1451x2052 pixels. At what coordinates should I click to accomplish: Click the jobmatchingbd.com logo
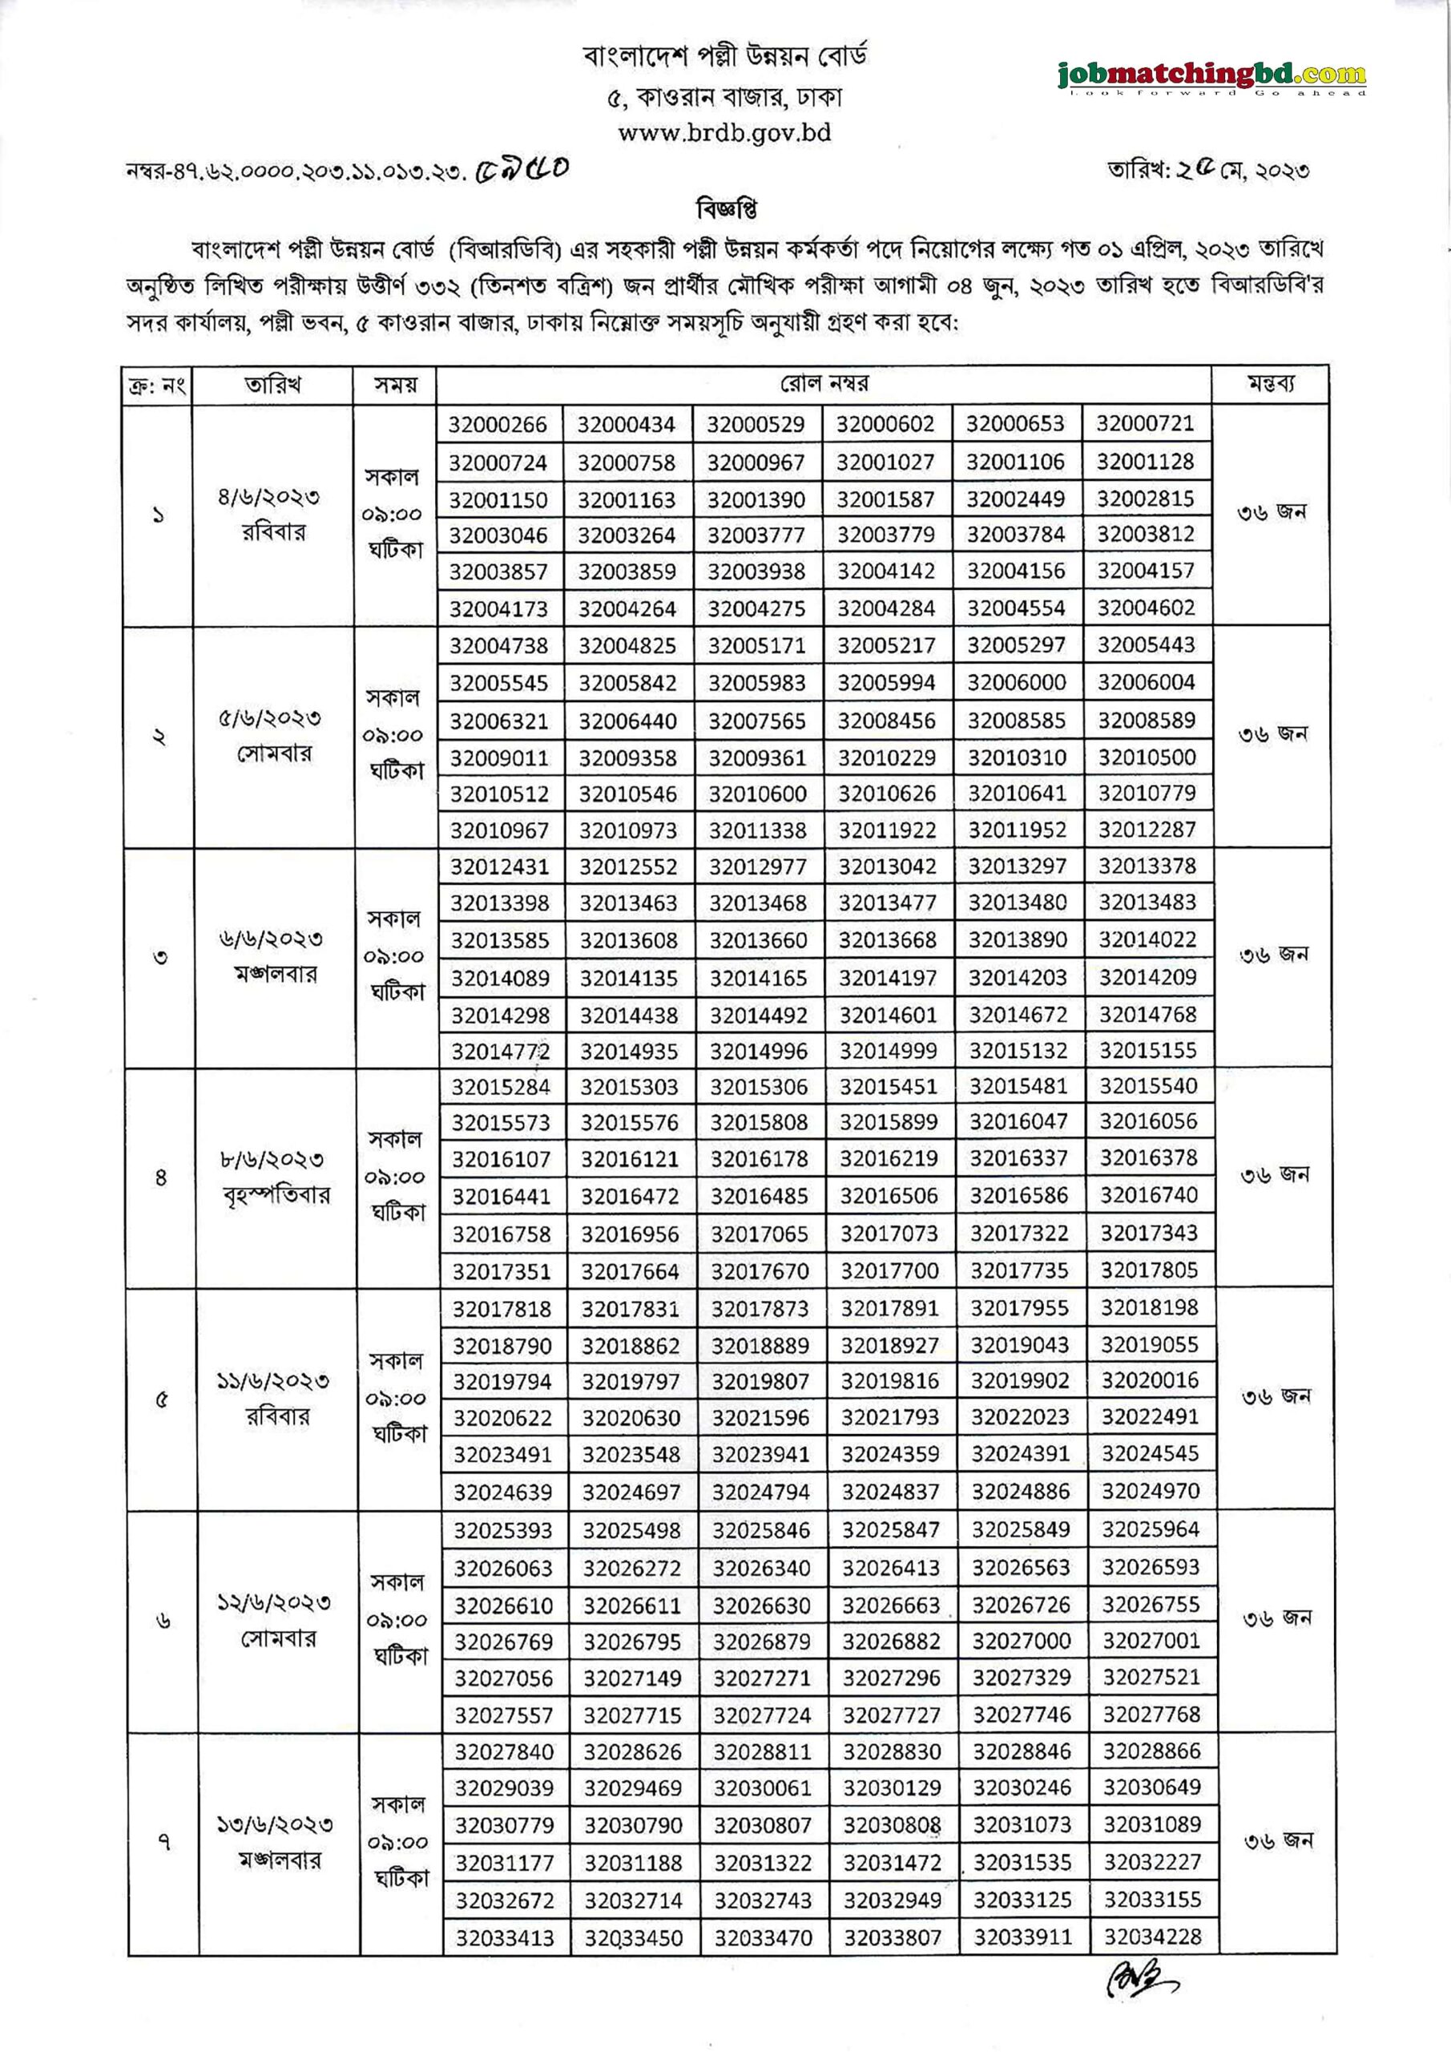[1211, 77]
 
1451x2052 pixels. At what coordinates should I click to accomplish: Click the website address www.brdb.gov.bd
[724, 133]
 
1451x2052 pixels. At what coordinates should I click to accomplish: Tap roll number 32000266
[498, 425]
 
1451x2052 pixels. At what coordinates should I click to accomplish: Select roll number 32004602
[1146, 608]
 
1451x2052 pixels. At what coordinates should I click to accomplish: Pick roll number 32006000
[1017, 683]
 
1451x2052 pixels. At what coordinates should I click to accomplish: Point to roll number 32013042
[887, 866]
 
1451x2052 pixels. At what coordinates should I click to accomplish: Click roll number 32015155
[1147, 1050]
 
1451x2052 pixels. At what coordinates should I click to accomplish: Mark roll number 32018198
[1149, 1307]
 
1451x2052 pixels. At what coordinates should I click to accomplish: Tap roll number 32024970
[1150, 1491]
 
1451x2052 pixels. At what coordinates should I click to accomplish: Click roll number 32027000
[1020, 1641]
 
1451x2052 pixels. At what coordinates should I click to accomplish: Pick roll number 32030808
[892, 1825]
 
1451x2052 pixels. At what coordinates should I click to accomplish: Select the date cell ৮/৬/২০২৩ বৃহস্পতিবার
[274, 1177]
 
